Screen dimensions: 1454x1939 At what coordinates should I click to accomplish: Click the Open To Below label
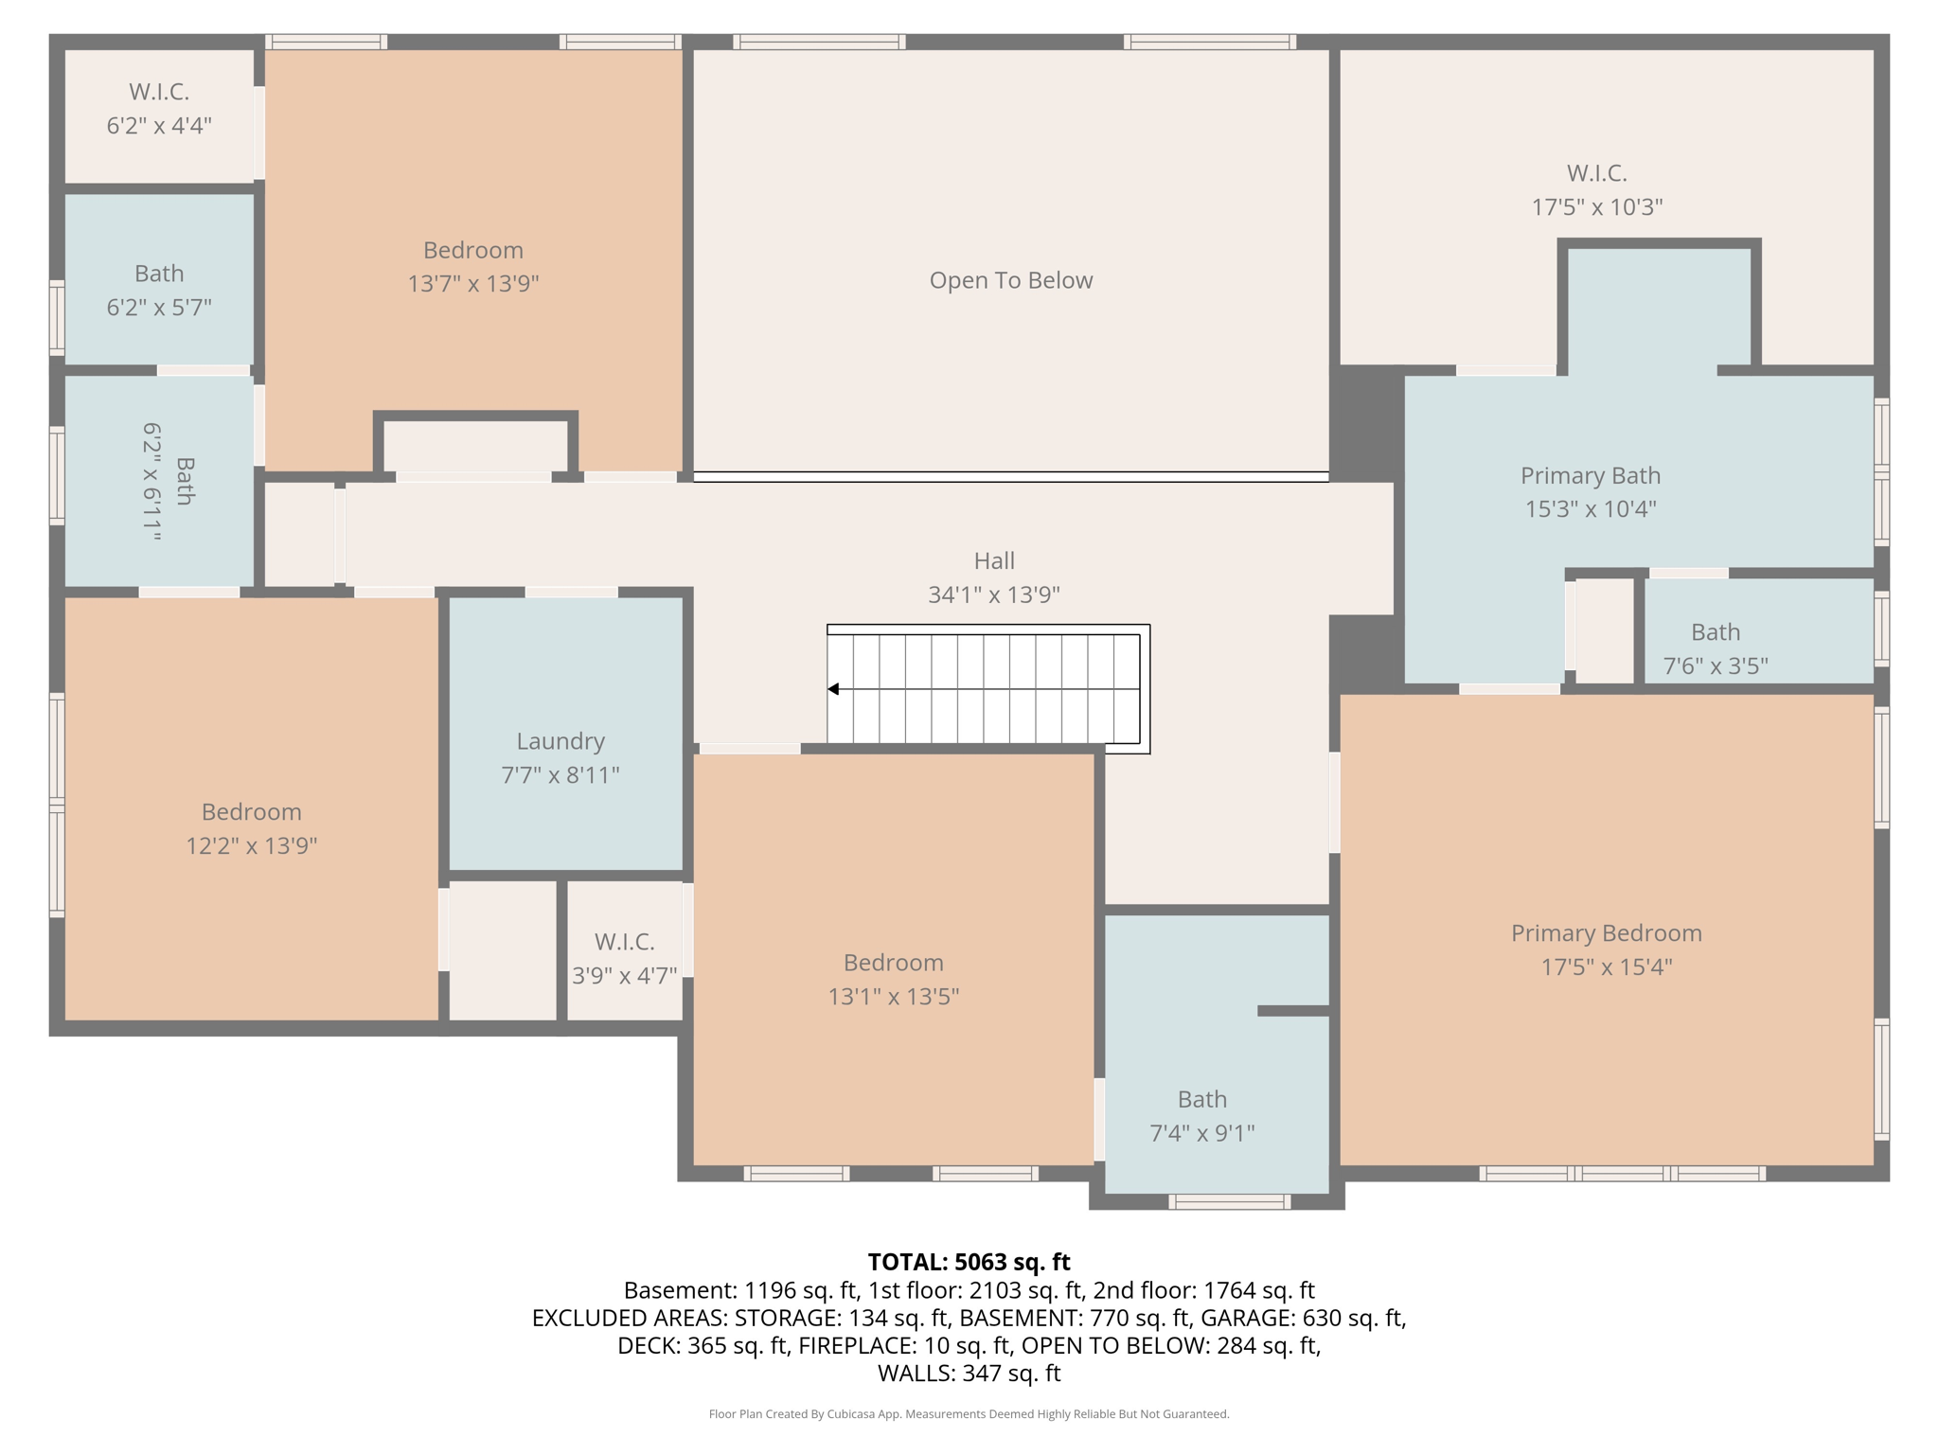[x=1010, y=280]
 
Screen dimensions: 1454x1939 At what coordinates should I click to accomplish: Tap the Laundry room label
[x=560, y=741]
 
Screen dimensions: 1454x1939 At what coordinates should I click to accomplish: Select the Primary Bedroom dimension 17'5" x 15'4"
[x=1606, y=966]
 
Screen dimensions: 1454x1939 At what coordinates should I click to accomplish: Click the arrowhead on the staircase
[x=833, y=689]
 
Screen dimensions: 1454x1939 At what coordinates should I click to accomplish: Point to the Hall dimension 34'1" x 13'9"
[x=993, y=594]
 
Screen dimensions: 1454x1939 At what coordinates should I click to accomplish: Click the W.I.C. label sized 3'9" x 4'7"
[x=624, y=942]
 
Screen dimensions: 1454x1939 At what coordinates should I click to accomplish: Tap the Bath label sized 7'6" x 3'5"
[x=1715, y=632]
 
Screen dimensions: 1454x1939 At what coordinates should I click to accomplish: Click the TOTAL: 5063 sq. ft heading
[x=968, y=1262]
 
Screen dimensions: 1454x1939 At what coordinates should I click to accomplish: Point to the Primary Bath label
[x=1590, y=475]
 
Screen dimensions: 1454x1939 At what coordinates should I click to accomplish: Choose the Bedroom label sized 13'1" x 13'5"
[x=893, y=963]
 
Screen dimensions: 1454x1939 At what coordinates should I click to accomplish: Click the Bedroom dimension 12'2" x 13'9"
[x=251, y=845]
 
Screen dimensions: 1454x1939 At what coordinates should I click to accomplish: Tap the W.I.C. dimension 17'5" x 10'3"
[x=1596, y=206]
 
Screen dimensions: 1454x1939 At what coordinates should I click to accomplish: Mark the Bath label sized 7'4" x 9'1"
[x=1201, y=1099]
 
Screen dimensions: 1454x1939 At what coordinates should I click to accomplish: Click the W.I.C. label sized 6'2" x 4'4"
[x=159, y=92]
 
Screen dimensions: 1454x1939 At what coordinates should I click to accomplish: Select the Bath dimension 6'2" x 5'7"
[x=159, y=307]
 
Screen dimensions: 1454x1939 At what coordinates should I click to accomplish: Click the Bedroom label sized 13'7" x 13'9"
[x=472, y=250]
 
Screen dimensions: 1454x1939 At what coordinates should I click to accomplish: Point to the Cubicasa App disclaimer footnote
[x=968, y=1414]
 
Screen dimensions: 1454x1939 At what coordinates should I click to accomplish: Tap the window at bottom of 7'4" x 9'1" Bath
[x=1229, y=1202]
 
